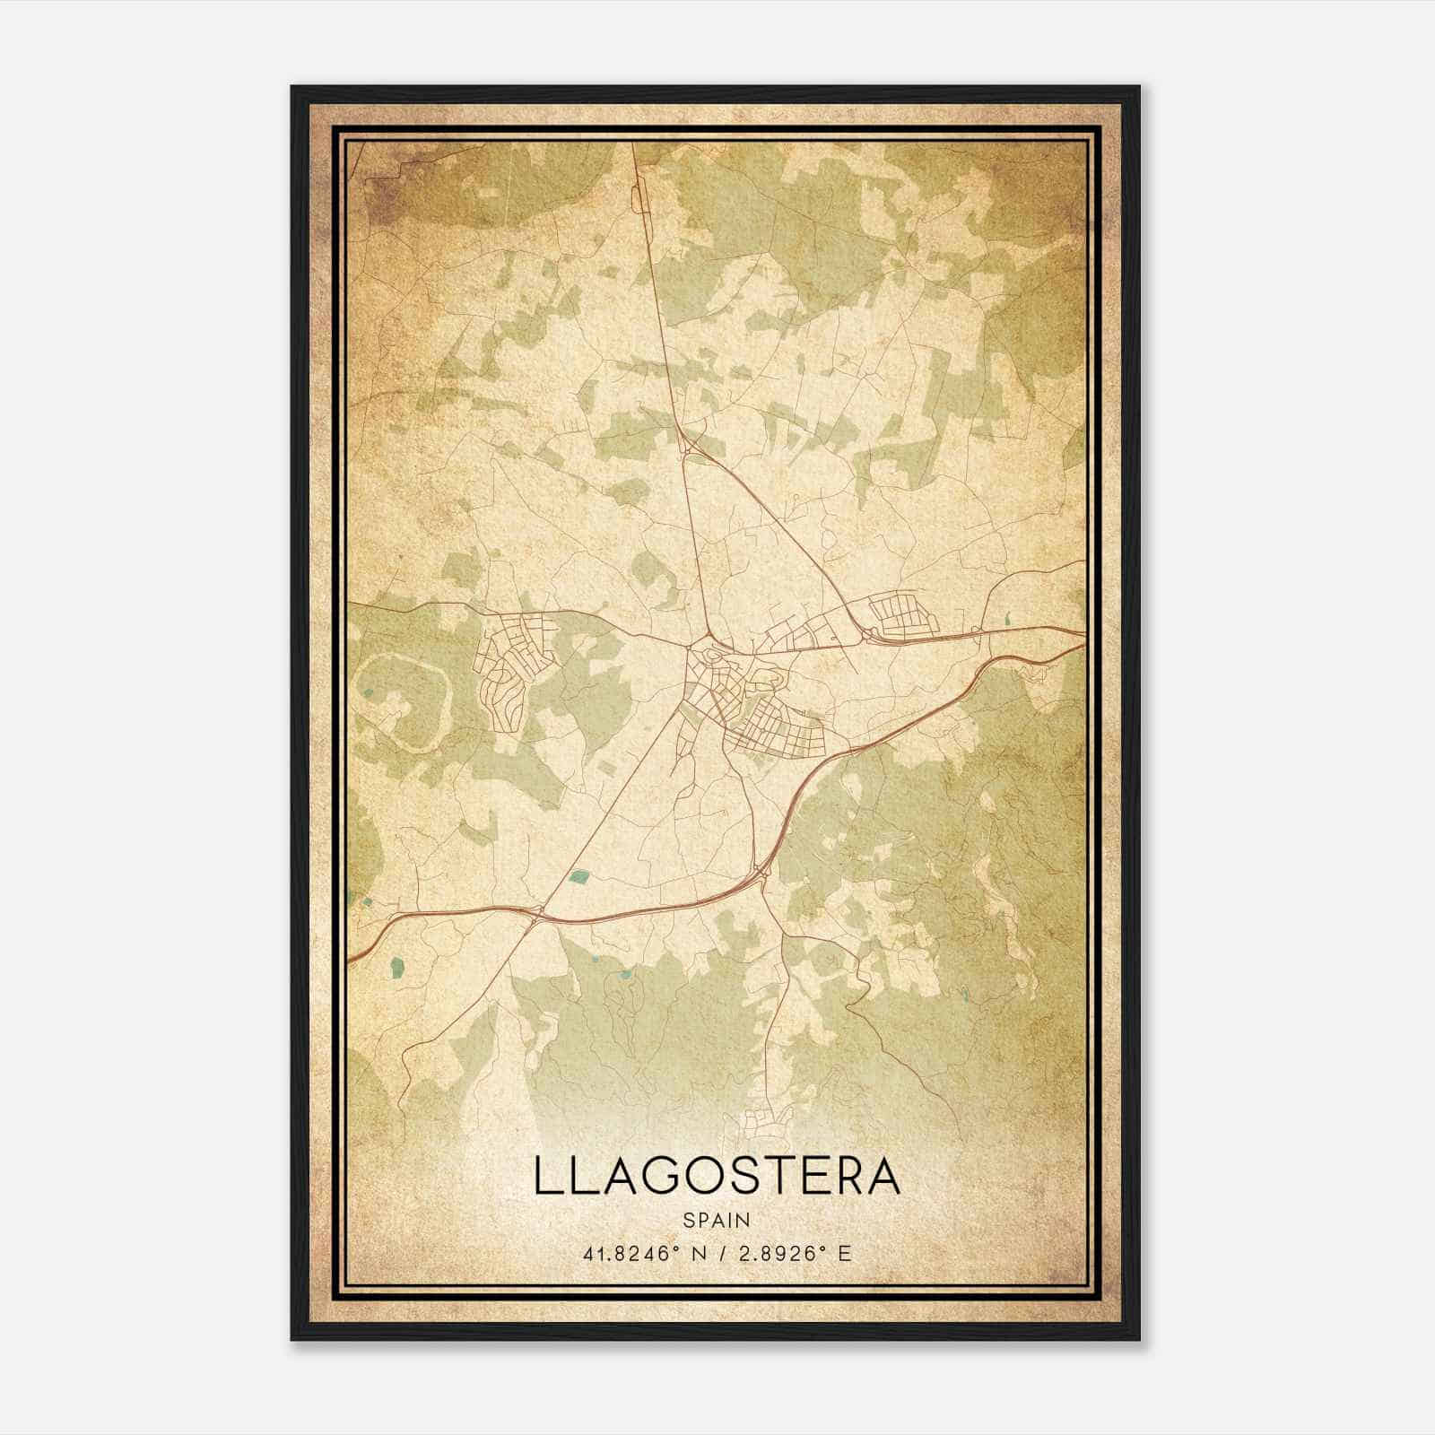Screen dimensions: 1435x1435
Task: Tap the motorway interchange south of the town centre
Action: tap(761, 868)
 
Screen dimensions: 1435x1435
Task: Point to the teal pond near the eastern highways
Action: tap(1008, 618)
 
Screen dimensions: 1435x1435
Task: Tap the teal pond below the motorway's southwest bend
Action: tap(396, 967)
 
